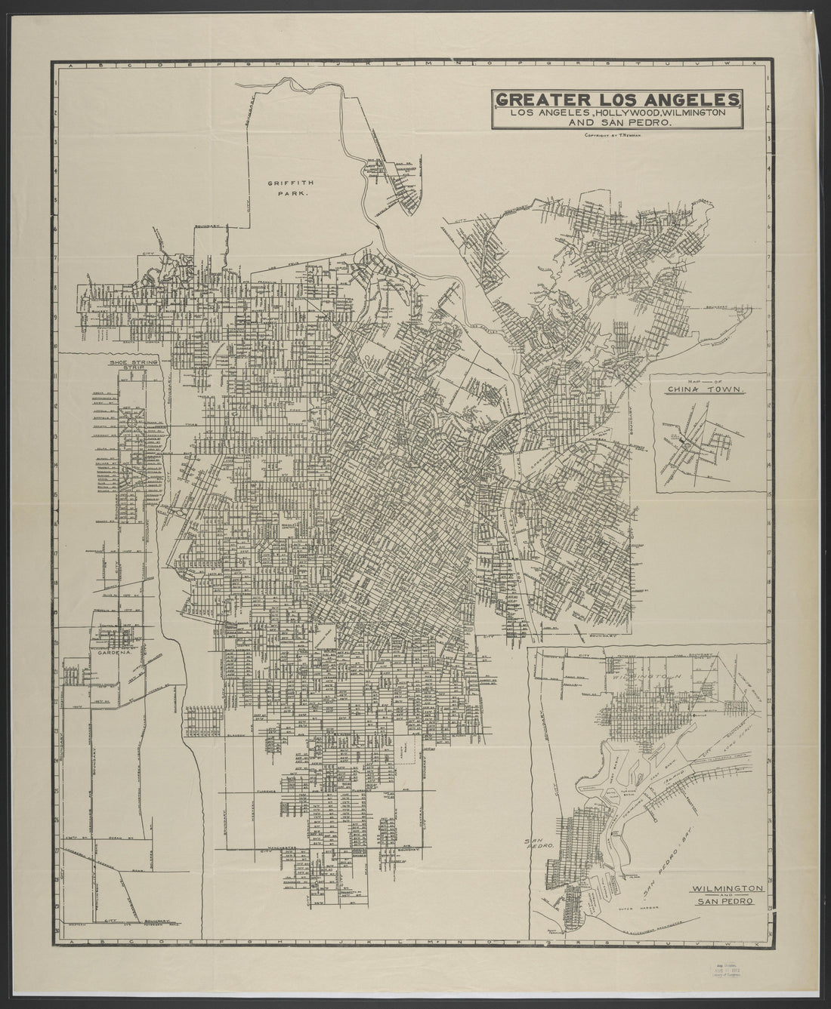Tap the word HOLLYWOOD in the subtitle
click(632, 112)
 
